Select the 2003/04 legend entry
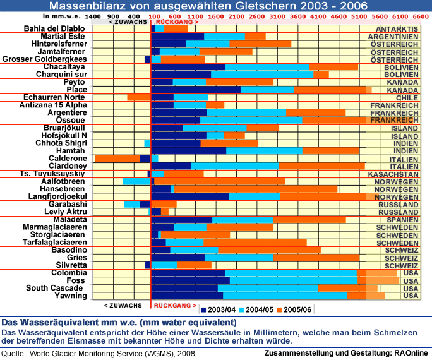pos(218,309)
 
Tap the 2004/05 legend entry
pos(256,309)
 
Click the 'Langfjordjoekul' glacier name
pos(55,196)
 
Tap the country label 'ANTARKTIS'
pos(396,29)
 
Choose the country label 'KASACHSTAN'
pos(392,173)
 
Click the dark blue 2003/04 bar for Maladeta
pos(181,220)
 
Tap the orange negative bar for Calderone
pos(117,159)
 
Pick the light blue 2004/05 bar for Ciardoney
pos(234,166)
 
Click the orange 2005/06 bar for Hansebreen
pos(255,189)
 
